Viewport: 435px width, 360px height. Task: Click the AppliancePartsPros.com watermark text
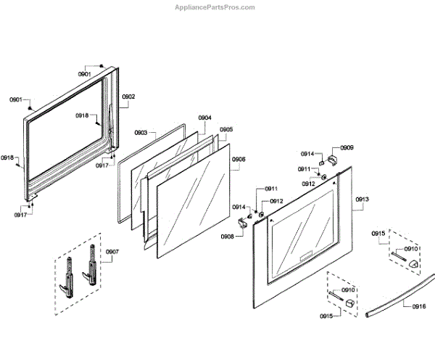click(x=215, y=7)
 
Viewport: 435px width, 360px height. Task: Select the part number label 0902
click(x=128, y=97)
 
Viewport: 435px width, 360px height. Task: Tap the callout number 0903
click(x=141, y=133)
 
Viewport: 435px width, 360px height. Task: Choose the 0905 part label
click(x=226, y=130)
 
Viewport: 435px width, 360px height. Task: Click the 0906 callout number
click(x=239, y=159)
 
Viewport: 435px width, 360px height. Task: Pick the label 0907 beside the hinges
click(x=112, y=252)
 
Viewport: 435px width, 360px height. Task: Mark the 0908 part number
click(x=228, y=237)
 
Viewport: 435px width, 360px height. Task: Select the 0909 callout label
click(x=347, y=147)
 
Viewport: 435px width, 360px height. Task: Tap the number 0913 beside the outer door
click(x=362, y=199)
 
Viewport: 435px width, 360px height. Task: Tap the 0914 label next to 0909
click(x=307, y=154)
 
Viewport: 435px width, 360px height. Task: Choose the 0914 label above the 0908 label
click(x=239, y=208)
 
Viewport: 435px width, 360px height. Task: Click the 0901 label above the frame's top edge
click(x=85, y=74)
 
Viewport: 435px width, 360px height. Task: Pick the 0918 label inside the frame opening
click(x=82, y=116)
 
